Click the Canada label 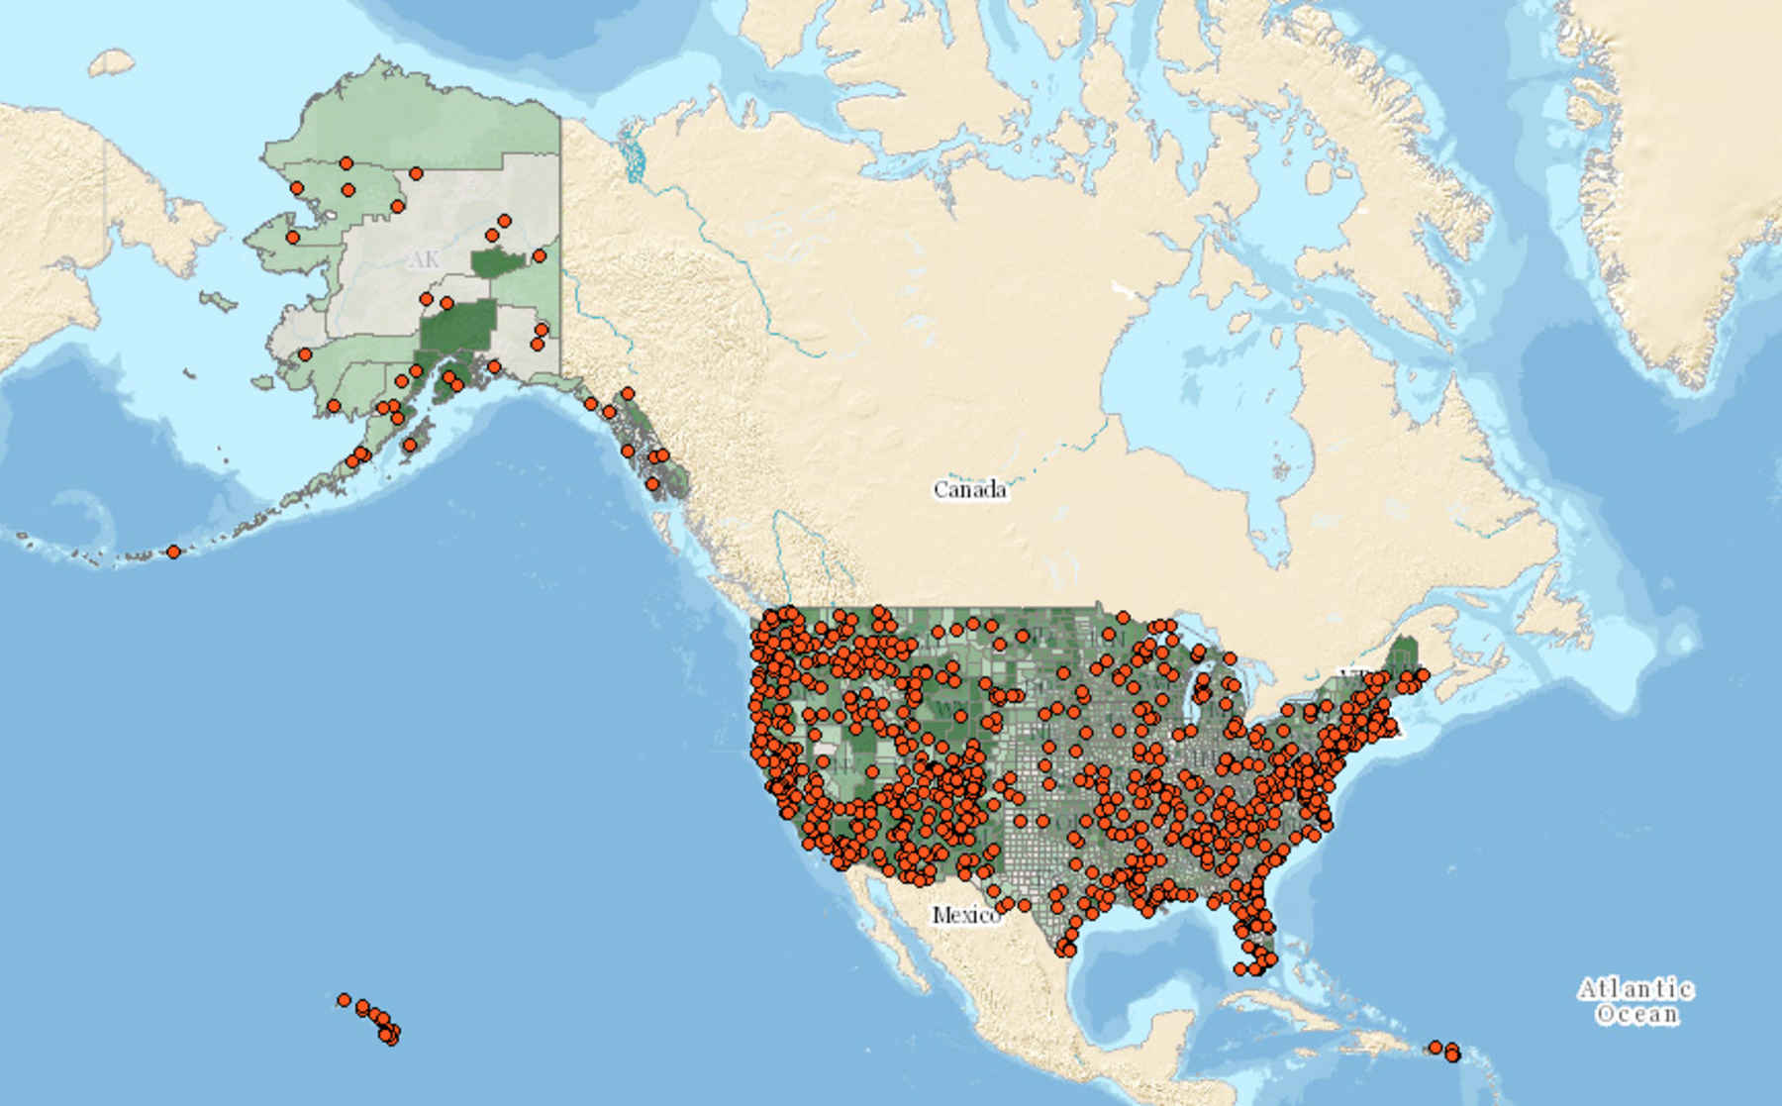(x=970, y=489)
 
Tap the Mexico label (x=965, y=915)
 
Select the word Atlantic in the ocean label (x=1635, y=989)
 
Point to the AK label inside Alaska (x=423, y=260)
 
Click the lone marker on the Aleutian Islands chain (x=173, y=552)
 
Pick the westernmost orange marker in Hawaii (x=344, y=1000)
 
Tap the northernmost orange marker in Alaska (x=346, y=162)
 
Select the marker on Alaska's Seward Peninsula (x=292, y=237)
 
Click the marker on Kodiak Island (x=409, y=446)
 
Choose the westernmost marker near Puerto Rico (x=1435, y=1048)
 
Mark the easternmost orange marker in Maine (x=1423, y=675)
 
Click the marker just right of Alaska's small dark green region (x=539, y=255)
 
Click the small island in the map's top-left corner (x=111, y=63)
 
